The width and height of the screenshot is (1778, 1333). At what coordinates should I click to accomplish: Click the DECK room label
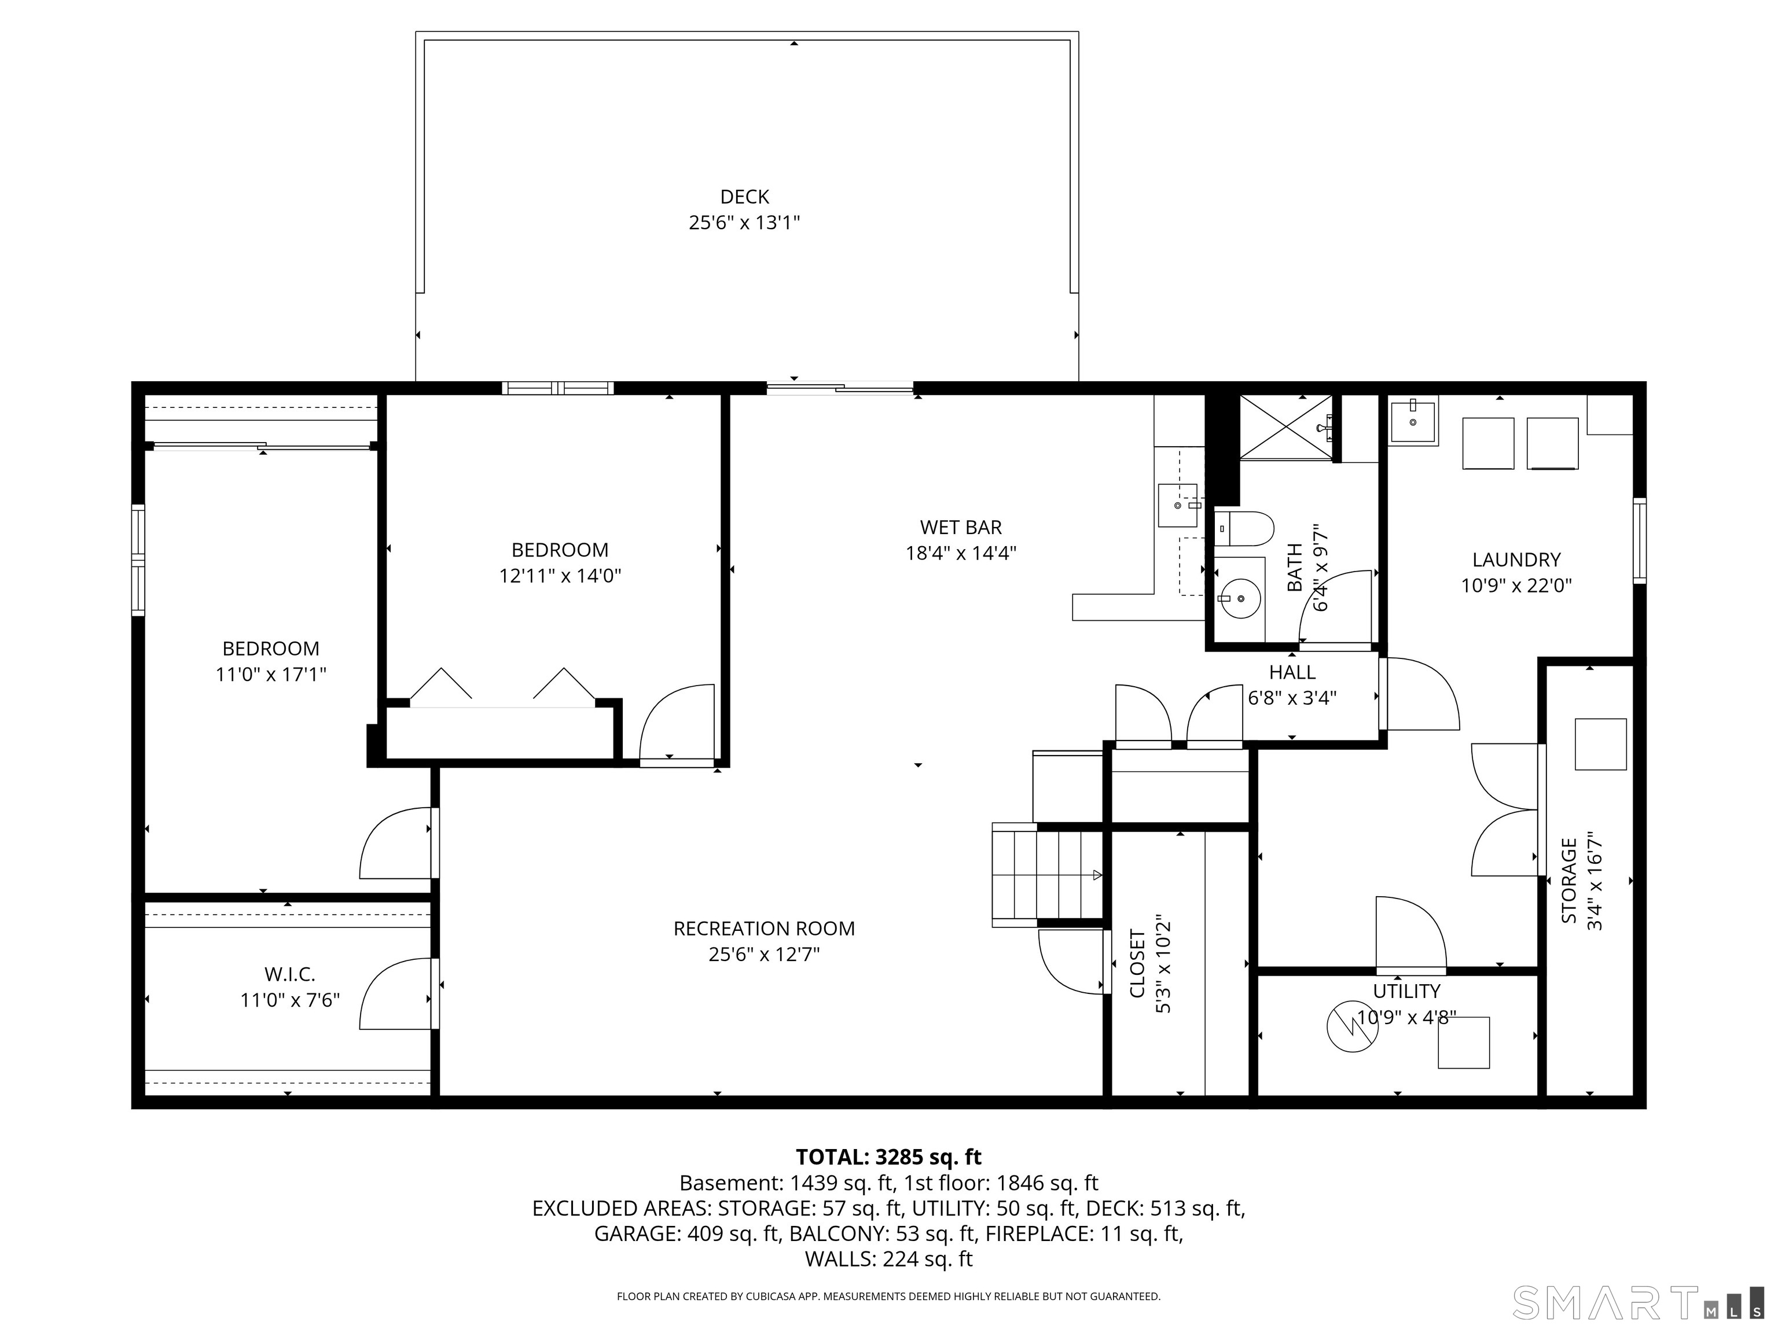point(744,197)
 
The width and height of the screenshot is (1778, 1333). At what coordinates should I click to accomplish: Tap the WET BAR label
point(961,528)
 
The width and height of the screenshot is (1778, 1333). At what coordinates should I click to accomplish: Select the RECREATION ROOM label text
point(763,929)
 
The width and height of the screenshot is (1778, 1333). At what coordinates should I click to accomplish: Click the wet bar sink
point(1178,506)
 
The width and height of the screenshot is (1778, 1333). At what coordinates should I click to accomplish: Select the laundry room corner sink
point(1413,422)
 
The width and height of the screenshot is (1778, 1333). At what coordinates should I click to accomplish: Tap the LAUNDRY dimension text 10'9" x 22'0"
point(1516,586)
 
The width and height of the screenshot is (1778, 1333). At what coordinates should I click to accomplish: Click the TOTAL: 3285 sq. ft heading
point(888,1157)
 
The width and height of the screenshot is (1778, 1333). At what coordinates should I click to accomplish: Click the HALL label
point(1292,672)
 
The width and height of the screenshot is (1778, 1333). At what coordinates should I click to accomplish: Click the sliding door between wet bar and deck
point(840,389)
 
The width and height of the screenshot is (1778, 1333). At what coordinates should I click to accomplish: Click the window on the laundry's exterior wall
point(1639,541)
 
